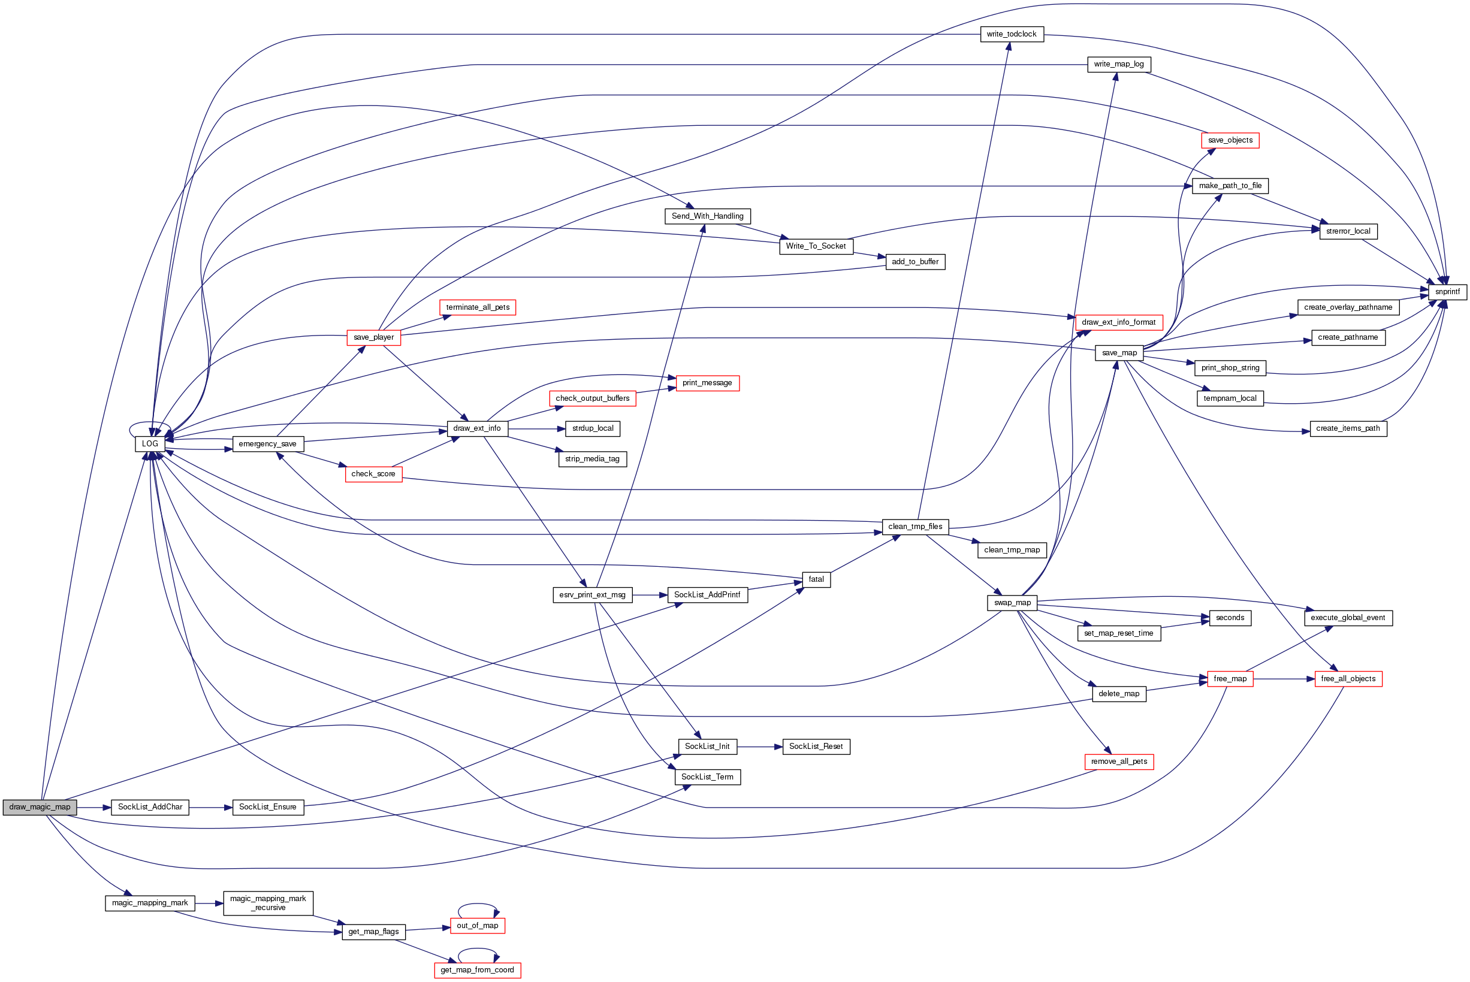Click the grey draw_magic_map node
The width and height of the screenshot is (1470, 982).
pos(40,807)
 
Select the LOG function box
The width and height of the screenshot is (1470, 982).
pos(150,444)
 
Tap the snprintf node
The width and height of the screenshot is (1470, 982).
pos(1447,292)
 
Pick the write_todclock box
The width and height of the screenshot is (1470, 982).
pos(1012,34)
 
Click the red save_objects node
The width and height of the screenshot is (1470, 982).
pos(1230,140)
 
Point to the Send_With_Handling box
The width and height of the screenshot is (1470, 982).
pos(707,217)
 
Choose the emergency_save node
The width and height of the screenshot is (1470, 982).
pos(267,444)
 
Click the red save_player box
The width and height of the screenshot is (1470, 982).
pos(373,337)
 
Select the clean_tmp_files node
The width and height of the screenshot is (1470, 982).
pos(914,527)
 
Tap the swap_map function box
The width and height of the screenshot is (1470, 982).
pos(1012,603)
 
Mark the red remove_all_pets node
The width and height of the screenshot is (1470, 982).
pos(1119,762)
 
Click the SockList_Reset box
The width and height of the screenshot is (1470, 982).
pos(816,747)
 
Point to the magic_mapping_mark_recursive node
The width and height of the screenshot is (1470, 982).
pos(267,903)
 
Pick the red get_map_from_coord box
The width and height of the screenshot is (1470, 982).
pos(477,970)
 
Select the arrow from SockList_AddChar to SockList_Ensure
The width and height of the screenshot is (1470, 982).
pos(210,808)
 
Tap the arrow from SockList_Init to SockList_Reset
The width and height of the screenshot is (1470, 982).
pos(760,747)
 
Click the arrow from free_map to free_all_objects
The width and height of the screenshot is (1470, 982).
pos(1284,679)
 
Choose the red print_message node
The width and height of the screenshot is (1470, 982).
pos(707,383)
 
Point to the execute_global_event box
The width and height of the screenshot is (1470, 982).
pos(1348,618)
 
